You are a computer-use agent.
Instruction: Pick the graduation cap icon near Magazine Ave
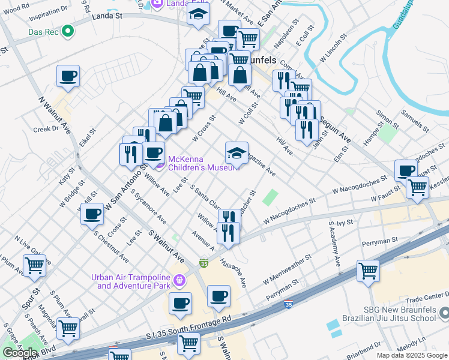237,152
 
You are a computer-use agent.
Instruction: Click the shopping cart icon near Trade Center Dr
368,271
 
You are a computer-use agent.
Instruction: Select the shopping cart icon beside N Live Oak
34,265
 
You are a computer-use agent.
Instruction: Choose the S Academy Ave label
334,244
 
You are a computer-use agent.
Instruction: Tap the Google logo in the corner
20,352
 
